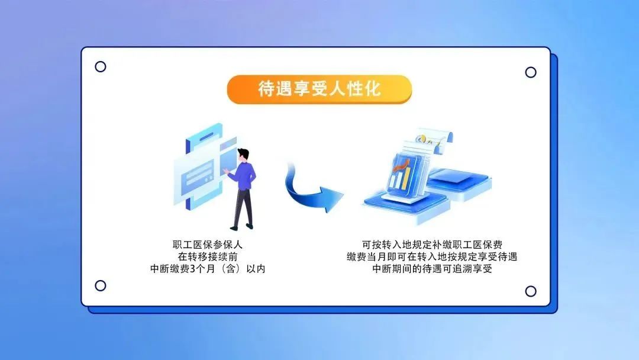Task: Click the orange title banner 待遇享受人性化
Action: [319, 89]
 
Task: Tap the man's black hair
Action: [243, 153]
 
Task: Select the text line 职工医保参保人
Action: [208, 245]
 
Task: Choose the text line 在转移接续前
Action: [208, 256]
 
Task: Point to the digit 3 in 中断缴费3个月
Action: [193, 269]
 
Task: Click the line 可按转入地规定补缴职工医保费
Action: [432, 245]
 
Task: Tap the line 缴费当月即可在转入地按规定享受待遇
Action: [432, 256]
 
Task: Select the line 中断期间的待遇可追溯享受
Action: [432, 269]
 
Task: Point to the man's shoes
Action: [241, 227]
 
